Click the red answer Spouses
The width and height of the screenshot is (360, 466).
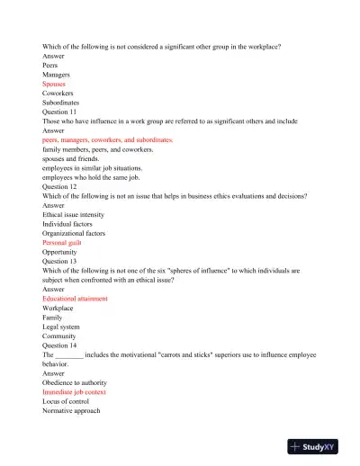pyautogui.click(x=54, y=84)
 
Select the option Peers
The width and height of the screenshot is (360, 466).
pyautogui.click(x=51, y=65)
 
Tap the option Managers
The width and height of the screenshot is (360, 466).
pyautogui.click(x=58, y=75)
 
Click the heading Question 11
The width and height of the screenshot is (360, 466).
pyautogui.click(x=63, y=112)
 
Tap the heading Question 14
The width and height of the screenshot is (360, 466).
pyautogui.click(x=63, y=345)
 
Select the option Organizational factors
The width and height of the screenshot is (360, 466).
pyautogui.click(x=74, y=233)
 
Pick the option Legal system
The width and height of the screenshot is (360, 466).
pyautogui.click(x=62, y=327)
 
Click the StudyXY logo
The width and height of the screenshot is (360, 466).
pyautogui.click(x=319, y=446)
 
